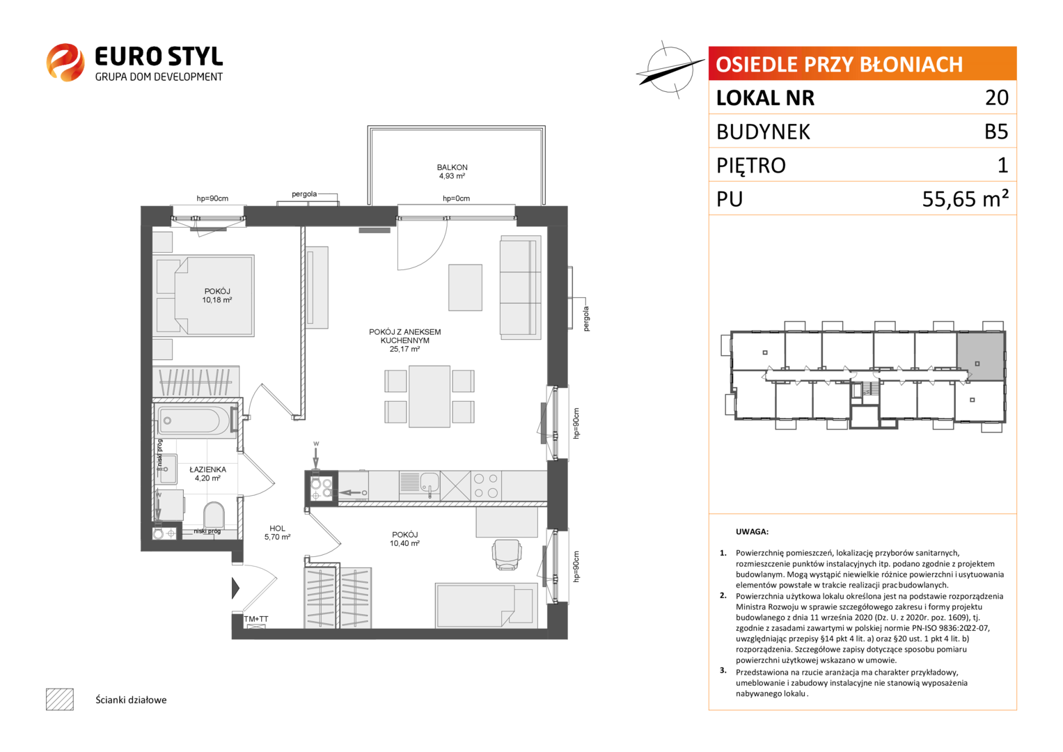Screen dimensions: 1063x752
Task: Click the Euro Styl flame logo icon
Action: (65, 62)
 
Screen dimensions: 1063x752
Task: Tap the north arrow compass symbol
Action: (670, 70)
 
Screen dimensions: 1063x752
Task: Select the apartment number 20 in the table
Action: (997, 97)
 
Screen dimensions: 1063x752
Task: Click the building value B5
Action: (996, 131)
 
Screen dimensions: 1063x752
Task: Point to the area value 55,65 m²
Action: (966, 198)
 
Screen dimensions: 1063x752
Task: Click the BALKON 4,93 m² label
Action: (452, 171)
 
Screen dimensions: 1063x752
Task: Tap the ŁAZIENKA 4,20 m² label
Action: (207, 473)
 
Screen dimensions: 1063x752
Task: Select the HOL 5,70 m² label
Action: (277, 532)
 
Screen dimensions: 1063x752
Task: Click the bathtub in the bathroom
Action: (194, 420)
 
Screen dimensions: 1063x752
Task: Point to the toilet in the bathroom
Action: (214, 514)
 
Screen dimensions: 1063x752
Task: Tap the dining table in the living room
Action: (430, 396)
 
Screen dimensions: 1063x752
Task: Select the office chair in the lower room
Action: (507, 554)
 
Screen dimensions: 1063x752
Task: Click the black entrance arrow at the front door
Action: (235, 588)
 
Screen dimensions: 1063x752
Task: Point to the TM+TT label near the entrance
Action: (255, 619)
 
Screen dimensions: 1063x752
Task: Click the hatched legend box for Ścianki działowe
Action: (60, 699)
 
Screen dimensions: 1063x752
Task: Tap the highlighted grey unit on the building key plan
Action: (980, 356)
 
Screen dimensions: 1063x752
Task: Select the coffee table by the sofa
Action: (465, 288)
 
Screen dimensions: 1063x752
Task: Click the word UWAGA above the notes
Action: (752, 532)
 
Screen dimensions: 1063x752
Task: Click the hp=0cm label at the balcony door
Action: (456, 198)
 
